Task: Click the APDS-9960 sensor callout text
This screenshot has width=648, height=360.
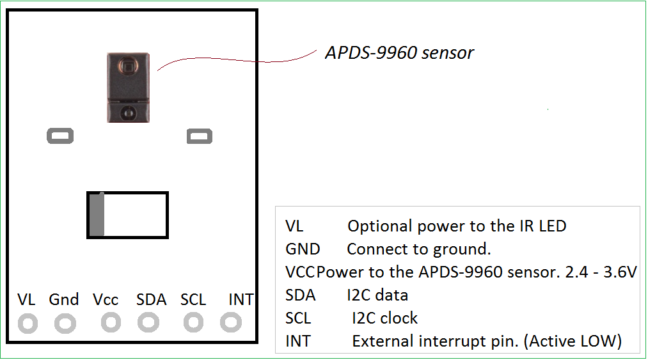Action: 399,52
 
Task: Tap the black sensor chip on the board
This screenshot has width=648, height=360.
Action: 129,87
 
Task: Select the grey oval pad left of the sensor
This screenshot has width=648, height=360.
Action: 60,136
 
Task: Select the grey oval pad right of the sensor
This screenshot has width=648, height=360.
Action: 199,136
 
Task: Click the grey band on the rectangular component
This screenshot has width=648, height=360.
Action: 97,215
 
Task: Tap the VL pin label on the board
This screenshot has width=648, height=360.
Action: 26,299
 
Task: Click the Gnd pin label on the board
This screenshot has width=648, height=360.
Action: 64,299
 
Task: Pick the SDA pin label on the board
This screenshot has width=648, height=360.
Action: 151,299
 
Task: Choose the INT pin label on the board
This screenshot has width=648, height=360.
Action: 241,299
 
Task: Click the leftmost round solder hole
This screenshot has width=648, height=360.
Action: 28,324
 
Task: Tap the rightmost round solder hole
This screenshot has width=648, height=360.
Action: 230,323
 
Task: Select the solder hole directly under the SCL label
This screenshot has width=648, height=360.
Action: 193,323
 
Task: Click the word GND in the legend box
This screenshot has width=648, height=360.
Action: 303,249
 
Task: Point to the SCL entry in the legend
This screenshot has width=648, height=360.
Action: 298,318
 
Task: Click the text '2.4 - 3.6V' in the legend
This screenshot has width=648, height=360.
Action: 601,272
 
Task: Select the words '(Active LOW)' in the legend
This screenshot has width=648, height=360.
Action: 573,341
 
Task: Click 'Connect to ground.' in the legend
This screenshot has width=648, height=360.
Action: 418,249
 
